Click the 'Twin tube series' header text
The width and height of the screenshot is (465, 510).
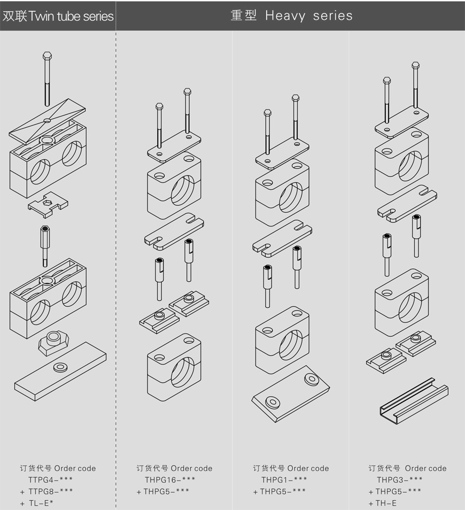(71, 16)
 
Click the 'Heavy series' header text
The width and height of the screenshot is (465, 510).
(308, 16)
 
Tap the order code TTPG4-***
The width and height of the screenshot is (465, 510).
(50, 480)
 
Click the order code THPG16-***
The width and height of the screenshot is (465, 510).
(170, 480)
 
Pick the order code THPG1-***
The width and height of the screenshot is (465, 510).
(284, 480)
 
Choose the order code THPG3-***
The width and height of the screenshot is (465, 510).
(400, 480)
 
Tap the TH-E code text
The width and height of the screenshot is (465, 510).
(386, 503)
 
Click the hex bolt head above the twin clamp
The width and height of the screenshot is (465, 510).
(47, 56)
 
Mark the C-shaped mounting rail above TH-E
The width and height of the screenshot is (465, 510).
(414, 401)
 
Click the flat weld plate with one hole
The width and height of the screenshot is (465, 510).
(60, 372)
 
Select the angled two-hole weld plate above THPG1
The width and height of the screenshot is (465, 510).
(290, 394)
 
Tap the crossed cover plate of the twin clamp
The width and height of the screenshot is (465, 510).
(47, 121)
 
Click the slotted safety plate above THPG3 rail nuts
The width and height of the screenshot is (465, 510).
(407, 204)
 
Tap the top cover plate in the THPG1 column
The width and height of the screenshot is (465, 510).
(282, 153)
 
